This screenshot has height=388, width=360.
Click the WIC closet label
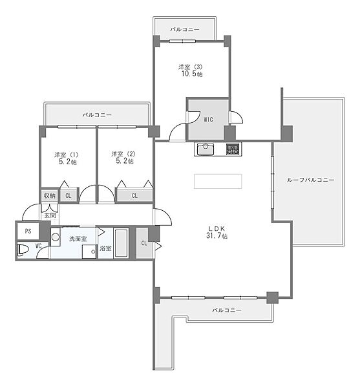coord(208,120)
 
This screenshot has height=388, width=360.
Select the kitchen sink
coord(206,149)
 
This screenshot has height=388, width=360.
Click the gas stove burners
coord(233,149)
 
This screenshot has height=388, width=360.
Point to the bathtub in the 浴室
coord(121,243)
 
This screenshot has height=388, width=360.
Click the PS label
coord(28,231)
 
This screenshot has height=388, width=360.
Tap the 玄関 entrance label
coord(50,215)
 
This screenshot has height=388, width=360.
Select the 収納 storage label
coord(50,196)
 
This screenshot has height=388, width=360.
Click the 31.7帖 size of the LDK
coord(217,235)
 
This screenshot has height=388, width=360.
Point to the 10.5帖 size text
coord(192,74)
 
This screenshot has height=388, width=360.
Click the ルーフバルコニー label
coord(310,180)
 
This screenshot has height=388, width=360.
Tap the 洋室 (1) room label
coord(67,155)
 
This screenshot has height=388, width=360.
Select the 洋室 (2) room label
coord(123,154)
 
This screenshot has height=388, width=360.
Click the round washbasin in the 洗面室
coord(56,237)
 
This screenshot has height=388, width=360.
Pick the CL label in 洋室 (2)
coord(134,195)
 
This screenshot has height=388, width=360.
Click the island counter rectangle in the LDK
coord(218,181)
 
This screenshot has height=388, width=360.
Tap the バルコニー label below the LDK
coord(227,310)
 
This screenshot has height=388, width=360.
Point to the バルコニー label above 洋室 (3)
coord(184,30)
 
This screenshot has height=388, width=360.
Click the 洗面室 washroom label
coord(78,239)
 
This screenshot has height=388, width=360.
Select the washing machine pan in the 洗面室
coord(89,252)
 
